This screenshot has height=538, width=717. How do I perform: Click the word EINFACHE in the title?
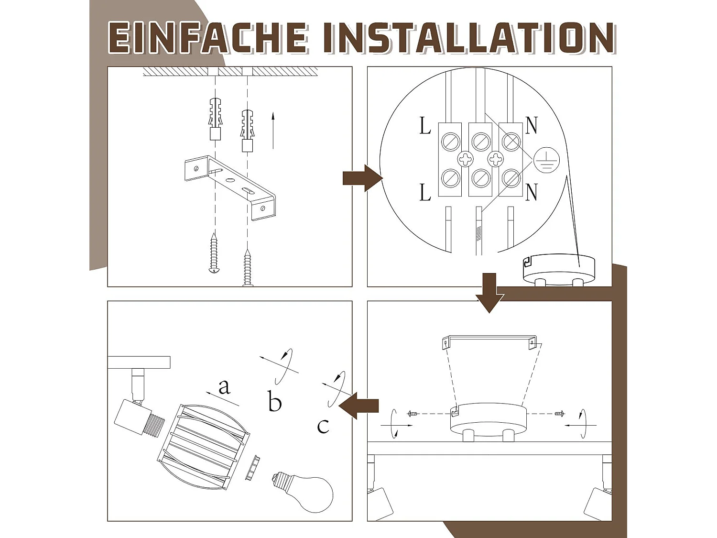pyautogui.click(x=208, y=38)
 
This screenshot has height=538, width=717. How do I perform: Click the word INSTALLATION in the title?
pyautogui.click(x=469, y=38)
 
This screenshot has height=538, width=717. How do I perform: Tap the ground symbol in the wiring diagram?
pyautogui.click(x=546, y=160)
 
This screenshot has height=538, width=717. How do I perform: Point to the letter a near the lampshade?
pyautogui.click(x=224, y=387)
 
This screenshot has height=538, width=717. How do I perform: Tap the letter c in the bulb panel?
pyautogui.click(x=323, y=427)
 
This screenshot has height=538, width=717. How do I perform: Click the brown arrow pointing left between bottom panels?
pyautogui.click(x=358, y=406)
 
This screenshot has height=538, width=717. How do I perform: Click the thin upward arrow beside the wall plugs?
pyautogui.click(x=273, y=131)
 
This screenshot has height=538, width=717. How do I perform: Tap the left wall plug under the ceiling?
pyautogui.click(x=215, y=118)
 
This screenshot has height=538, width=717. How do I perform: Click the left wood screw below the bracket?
pyautogui.click(x=214, y=253)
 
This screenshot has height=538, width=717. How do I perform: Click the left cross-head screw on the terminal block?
pyautogui.click(x=465, y=159)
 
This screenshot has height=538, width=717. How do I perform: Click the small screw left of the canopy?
pyautogui.click(x=412, y=414)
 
